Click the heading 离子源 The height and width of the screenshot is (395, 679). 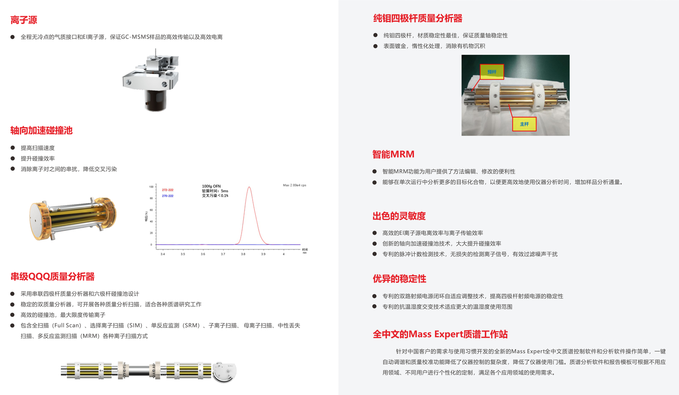pos(24,20)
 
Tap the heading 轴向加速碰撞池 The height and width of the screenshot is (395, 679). pos(42,130)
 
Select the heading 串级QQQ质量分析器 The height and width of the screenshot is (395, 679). pos(53,276)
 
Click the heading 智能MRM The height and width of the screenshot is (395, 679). pos(393,154)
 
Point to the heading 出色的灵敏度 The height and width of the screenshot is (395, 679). pos(399,216)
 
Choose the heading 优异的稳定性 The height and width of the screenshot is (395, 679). pos(399,279)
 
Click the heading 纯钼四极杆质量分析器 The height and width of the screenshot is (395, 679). pos(418,18)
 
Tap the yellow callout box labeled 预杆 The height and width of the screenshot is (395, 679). pos(492,72)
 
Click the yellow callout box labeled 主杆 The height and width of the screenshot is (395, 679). pos(524,124)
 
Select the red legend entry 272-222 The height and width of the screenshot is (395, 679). pos(168,190)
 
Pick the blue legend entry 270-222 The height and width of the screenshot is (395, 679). pos(168,196)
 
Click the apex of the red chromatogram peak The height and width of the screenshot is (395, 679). pos(249,187)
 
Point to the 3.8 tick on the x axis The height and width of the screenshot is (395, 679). pos(243,254)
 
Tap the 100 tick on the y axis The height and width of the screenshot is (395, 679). pos(151,187)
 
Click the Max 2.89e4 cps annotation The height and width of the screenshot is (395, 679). pos(295,185)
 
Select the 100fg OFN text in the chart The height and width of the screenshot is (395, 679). pos(211,186)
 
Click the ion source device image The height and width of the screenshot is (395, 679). pos(151,80)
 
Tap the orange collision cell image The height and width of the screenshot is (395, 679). pos(73,218)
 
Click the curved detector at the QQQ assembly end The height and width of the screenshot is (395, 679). pos(224,372)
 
